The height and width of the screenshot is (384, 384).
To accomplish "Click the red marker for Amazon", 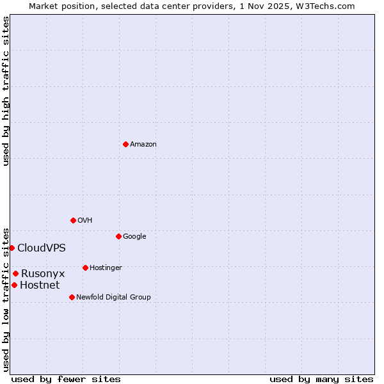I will pyautogui.click(x=125, y=144).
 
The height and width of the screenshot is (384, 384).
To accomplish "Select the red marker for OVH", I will pyautogui.click(x=73, y=220).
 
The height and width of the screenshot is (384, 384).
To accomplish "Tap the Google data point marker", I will pyautogui.click(x=118, y=236).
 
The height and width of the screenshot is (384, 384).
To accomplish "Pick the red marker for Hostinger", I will pyautogui.click(x=85, y=268).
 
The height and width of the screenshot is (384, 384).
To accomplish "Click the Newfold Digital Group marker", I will pyautogui.click(x=72, y=297).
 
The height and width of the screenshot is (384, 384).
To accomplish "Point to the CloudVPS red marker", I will pyautogui.click(x=12, y=248).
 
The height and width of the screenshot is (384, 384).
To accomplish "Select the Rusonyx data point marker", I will pyautogui.click(x=15, y=273).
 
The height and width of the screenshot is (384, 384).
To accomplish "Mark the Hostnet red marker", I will pyautogui.click(x=14, y=285).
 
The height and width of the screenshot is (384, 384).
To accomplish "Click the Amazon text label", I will pyautogui.click(x=143, y=145).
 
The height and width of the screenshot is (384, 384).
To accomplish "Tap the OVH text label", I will pyautogui.click(x=85, y=221).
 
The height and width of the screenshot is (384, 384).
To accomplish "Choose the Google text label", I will pyautogui.click(x=134, y=237).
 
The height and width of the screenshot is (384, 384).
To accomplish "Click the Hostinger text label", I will pyautogui.click(x=106, y=268).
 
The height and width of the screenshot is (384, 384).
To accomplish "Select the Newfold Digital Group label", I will pyautogui.click(x=113, y=298).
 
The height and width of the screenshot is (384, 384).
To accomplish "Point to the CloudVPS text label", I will pyautogui.click(x=41, y=248).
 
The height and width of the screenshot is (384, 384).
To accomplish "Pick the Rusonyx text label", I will pyautogui.click(x=43, y=274).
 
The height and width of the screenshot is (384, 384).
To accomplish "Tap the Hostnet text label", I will pyautogui.click(x=40, y=285).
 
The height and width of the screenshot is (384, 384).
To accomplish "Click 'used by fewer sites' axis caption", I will pyautogui.click(x=66, y=379).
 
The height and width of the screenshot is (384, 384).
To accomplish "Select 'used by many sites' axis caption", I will pyautogui.click(x=321, y=379).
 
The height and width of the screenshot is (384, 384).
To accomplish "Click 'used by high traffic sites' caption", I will pyautogui.click(x=6, y=91).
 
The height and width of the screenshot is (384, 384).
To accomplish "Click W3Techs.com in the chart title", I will pyautogui.click(x=326, y=6).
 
